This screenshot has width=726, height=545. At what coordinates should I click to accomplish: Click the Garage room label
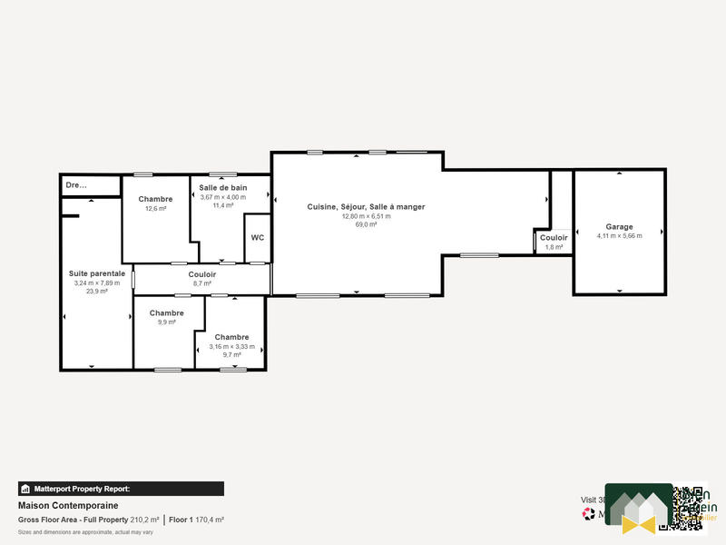(x=619, y=226)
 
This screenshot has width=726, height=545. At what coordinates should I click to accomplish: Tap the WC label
(x=257, y=238)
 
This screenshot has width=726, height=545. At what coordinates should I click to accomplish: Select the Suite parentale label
(x=97, y=273)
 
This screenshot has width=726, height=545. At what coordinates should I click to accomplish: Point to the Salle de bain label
(x=223, y=188)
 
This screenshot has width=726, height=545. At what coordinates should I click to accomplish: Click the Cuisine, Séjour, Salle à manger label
(x=366, y=207)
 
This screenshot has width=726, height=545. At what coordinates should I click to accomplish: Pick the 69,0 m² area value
(x=366, y=224)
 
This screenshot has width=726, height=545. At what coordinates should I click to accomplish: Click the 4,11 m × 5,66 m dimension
(x=619, y=236)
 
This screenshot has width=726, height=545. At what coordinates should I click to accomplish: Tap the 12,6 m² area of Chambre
(x=156, y=208)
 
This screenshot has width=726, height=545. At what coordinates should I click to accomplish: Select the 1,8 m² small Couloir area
(x=554, y=247)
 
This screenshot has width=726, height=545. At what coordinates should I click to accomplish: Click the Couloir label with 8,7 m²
(x=201, y=274)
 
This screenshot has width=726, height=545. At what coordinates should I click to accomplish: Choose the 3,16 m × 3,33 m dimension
(x=231, y=346)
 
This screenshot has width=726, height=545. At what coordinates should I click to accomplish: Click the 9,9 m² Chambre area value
(x=166, y=322)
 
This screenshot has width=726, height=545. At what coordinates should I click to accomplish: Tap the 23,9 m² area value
(x=97, y=292)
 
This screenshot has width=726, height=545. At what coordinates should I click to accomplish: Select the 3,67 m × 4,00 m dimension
(x=223, y=197)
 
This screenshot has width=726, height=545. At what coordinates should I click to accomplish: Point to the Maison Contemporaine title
(x=68, y=506)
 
